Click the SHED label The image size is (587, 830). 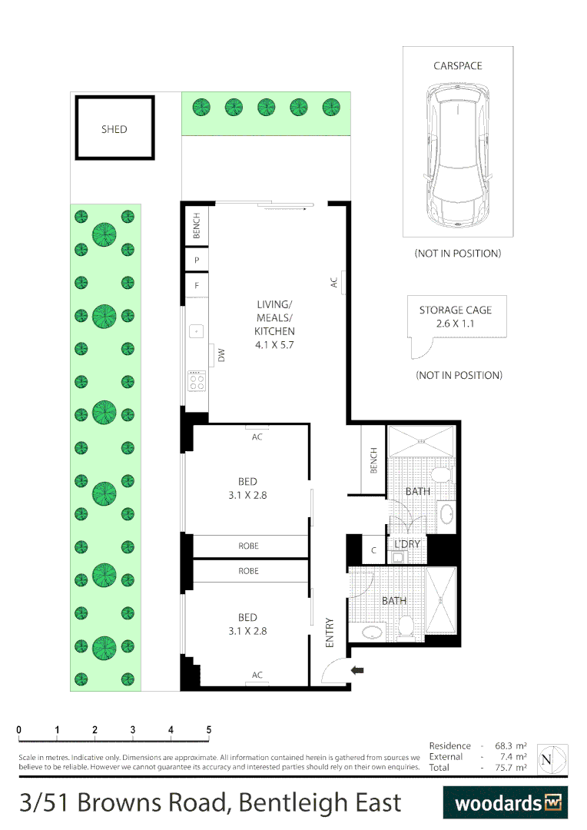[114, 129]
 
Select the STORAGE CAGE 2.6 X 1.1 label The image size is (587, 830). [455, 317]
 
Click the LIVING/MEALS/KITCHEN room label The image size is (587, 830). [275, 325]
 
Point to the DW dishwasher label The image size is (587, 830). [221, 355]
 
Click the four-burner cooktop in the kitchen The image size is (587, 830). [197, 380]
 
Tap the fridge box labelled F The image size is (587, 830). [197, 286]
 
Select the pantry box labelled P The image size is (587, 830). [197, 261]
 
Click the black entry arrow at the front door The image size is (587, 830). [357, 670]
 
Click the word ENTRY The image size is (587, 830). [330, 632]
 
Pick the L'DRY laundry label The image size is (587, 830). [406, 544]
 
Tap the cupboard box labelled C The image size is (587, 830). [373, 550]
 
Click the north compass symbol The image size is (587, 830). [546, 759]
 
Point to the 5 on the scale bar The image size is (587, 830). [209, 730]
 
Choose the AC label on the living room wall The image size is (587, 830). [334, 282]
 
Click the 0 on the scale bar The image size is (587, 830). [19, 730]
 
